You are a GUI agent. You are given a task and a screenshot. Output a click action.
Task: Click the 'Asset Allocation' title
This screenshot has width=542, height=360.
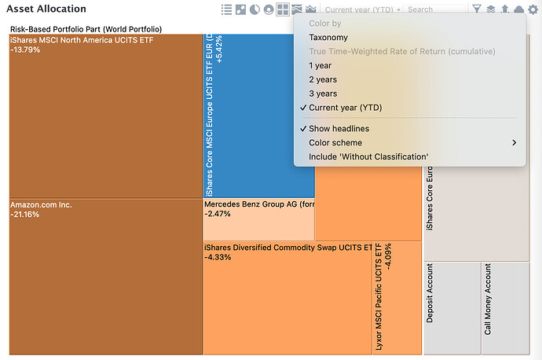click(46, 9)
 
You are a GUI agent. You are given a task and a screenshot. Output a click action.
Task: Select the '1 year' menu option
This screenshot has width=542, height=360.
click(320, 65)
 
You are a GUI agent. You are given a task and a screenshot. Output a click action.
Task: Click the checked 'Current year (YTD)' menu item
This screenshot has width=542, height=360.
click(345, 108)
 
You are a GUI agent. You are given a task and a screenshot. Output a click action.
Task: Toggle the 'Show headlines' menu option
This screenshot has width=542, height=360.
click(339, 129)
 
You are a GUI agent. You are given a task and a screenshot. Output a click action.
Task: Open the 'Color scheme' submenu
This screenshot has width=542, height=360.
click(335, 143)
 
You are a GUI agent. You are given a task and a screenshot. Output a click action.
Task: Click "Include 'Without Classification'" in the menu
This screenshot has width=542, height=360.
click(368, 157)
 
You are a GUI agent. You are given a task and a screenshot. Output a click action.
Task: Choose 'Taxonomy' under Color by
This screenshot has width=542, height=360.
click(328, 38)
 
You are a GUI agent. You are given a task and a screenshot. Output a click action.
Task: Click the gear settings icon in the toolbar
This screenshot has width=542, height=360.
click(533, 9)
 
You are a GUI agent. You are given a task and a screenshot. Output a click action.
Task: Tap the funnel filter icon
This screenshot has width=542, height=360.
click(477, 9)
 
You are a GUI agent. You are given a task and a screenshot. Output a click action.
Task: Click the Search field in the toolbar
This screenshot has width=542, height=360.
click(432, 9)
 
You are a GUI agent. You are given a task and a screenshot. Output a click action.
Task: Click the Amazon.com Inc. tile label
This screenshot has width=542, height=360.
click(41, 204)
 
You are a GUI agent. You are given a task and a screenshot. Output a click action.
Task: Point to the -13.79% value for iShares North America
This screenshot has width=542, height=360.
click(25, 50)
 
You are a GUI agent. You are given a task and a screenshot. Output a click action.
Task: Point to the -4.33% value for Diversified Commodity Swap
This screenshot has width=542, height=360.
click(218, 257)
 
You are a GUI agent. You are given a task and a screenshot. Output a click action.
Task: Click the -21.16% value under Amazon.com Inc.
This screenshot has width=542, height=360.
click(25, 215)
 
